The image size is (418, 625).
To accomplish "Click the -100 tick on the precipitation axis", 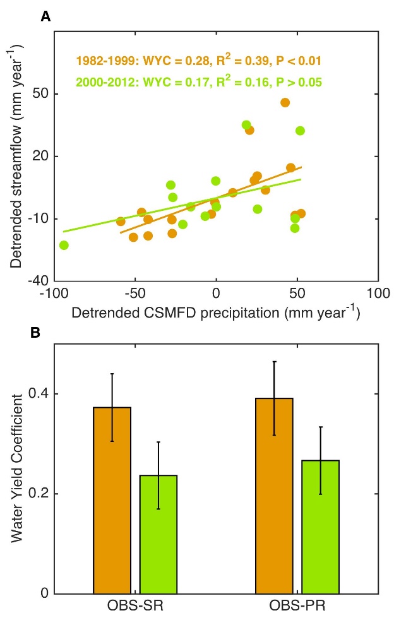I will coord(54,294).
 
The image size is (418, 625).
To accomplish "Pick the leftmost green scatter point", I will coord(64,245).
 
